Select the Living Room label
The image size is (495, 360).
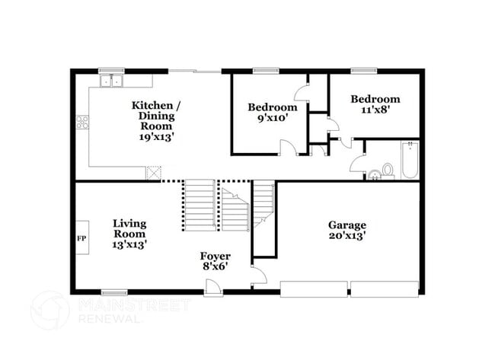[129, 228]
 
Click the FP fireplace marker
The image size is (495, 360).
[81, 238]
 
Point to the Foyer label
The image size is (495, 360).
[216, 256]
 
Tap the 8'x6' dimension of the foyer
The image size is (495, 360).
[216, 266]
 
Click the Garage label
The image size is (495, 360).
[347, 225]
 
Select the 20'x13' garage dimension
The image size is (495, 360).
[347, 236]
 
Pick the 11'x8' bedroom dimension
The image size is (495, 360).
[375, 110]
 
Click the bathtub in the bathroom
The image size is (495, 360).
[410, 161]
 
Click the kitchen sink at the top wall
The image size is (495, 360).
[112, 79]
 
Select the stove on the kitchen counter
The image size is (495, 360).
[82, 122]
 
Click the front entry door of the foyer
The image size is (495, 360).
[212, 286]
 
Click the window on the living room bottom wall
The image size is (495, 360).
[114, 292]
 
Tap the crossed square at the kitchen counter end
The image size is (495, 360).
[155, 173]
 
